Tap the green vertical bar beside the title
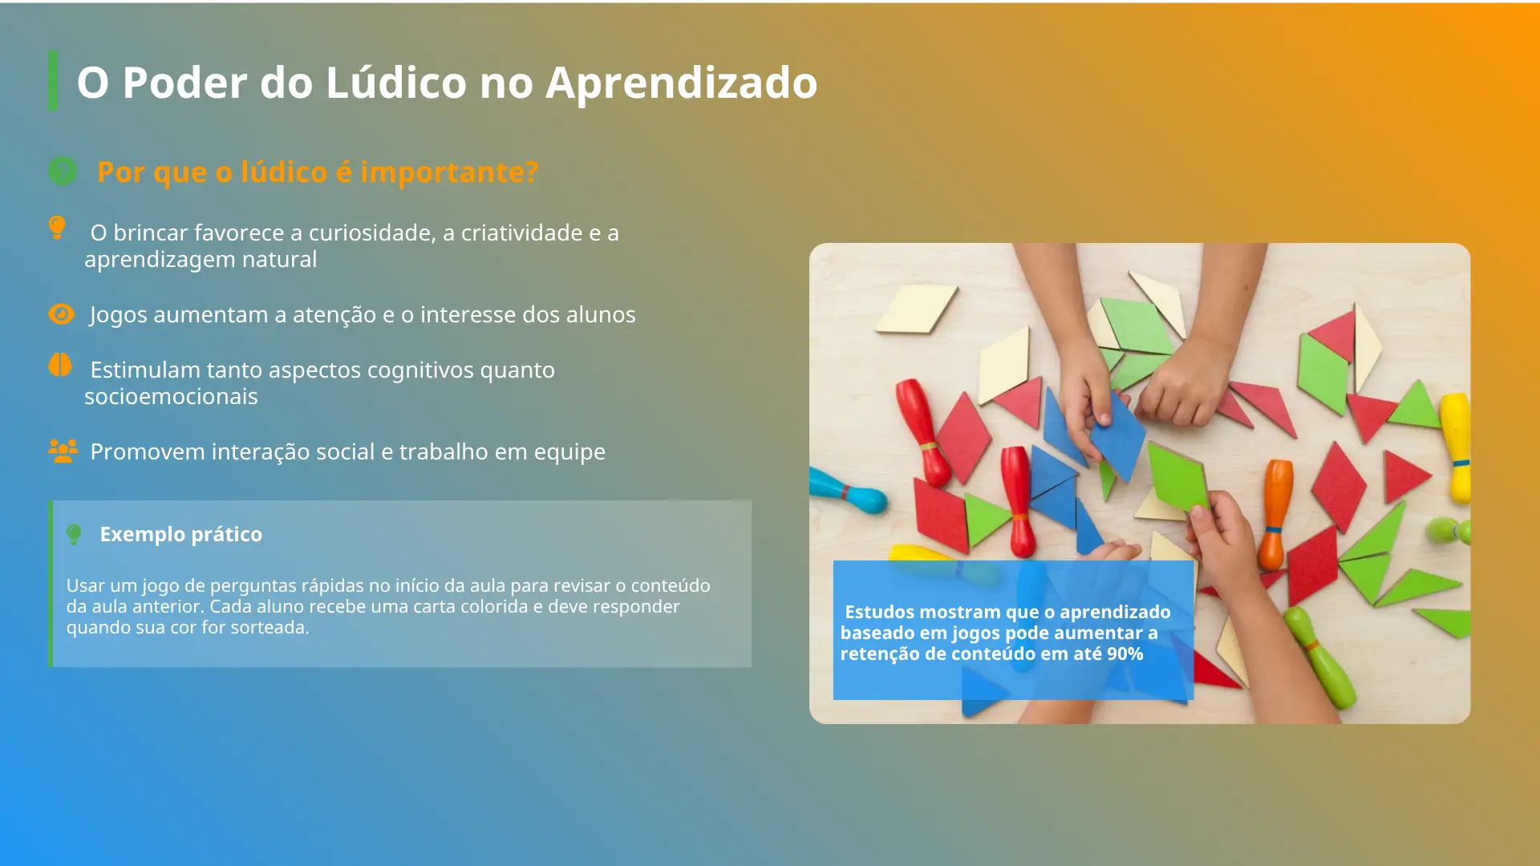tap(53, 81)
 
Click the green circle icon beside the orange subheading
tap(63, 171)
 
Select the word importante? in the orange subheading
tap(449, 172)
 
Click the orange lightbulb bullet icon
tap(57, 228)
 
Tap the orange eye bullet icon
tap(61, 314)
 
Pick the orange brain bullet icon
tap(60, 366)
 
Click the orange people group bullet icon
tap(63, 451)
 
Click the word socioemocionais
tap(171, 396)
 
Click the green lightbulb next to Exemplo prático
tap(74, 534)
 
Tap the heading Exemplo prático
tap(181, 534)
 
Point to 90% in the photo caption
tap(1125, 654)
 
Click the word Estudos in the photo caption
tap(880, 612)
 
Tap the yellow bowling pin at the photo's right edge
tap(1456, 447)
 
